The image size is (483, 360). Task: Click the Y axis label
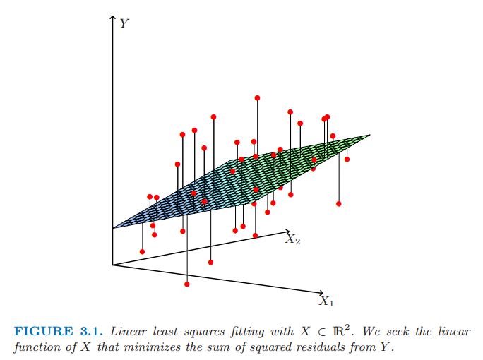point(124,23)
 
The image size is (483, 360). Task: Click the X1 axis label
point(326,301)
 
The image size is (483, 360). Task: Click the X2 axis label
point(293,240)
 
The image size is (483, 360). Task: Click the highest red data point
point(257,97)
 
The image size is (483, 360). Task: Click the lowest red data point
point(186,284)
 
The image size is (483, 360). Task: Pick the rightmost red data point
point(347,159)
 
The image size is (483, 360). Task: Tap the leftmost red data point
point(143,251)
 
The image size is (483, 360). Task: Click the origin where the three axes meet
point(113,265)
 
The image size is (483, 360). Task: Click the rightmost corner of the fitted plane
point(369,135)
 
